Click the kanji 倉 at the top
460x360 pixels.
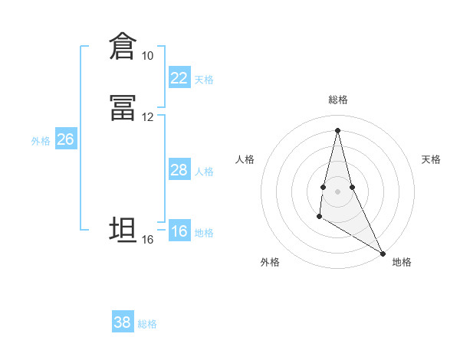click(123, 46)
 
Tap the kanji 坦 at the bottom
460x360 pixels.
click(123, 230)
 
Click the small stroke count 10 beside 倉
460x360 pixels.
click(147, 56)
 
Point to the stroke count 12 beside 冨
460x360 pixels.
click(147, 117)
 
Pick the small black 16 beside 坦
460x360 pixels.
click(147, 240)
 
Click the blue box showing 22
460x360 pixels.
click(179, 78)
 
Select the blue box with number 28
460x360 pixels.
click(179, 170)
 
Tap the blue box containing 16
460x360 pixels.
click(179, 231)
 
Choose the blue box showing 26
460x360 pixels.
click(65, 139)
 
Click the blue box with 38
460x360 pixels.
click(123, 322)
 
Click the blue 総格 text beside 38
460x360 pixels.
click(147, 324)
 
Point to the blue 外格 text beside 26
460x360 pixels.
click(41, 141)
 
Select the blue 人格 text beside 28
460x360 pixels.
click(204, 172)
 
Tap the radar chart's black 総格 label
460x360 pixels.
click(338, 100)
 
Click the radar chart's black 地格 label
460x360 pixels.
click(402, 262)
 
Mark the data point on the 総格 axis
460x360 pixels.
click(337, 129)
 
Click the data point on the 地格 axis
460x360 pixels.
click(384, 254)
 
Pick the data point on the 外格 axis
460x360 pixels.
click(319, 218)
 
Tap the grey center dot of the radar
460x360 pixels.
click(337, 191)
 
